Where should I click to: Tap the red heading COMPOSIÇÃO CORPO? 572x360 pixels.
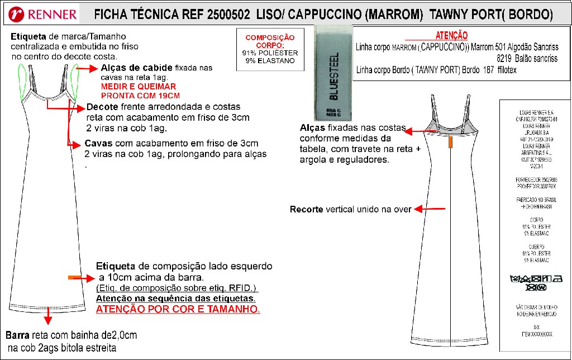tap(270, 41)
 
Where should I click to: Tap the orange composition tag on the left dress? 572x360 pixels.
tap(73, 277)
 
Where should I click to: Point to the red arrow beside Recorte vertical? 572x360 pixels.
tap(430, 209)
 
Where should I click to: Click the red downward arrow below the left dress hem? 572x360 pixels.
tap(48, 316)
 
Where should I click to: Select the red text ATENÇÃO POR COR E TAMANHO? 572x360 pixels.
tap(178, 309)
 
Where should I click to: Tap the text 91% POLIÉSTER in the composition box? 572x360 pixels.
tap(270, 53)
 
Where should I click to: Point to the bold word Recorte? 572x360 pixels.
tap(306, 210)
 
